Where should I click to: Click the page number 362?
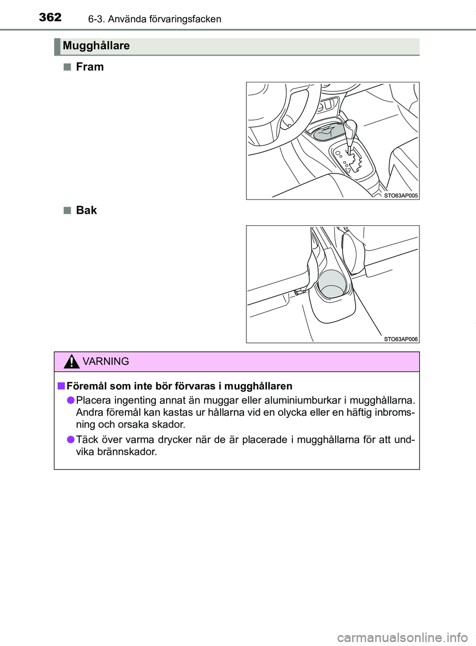pyautogui.click(x=50, y=17)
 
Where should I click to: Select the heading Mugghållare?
pyautogui.click(x=96, y=46)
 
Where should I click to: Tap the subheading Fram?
pyautogui.click(x=90, y=67)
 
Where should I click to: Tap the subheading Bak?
pyautogui.click(x=86, y=210)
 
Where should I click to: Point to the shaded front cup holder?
pyautogui.click(x=328, y=132)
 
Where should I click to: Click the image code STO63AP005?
pyautogui.click(x=401, y=195)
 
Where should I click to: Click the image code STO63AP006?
pyautogui.click(x=401, y=339)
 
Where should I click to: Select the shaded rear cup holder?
pyautogui.click(x=332, y=284)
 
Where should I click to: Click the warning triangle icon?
pyautogui.click(x=72, y=362)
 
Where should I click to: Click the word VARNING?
pyautogui.click(x=106, y=362)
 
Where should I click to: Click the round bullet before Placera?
pyautogui.click(x=70, y=400)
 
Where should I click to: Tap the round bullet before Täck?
pyautogui.click(x=70, y=439)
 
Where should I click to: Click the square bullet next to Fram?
pyautogui.click(x=67, y=67)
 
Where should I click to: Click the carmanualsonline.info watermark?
pyautogui.click(x=402, y=637)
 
